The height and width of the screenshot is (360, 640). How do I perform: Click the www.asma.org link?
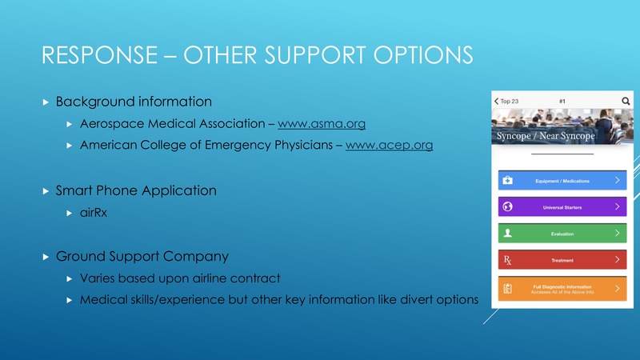coord(322,124)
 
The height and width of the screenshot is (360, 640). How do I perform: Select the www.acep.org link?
coord(389,145)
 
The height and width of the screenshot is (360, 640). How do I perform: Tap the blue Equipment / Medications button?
coord(562,181)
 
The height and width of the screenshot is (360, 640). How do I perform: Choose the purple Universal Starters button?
coord(562,207)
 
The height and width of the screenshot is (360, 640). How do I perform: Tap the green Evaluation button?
coord(562,234)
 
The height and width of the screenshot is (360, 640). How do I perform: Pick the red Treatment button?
coord(562,260)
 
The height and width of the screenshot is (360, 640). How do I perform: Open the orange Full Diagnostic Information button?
coord(562,289)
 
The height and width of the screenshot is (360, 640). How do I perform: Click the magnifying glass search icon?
coord(626,101)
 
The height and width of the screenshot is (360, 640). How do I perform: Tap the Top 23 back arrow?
coord(496,101)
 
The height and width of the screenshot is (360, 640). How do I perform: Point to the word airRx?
coord(94,213)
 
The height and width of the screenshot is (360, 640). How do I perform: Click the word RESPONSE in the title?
coord(99,54)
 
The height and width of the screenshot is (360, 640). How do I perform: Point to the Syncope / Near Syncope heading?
coord(546,136)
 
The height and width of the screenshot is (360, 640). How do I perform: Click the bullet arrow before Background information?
coord(46,102)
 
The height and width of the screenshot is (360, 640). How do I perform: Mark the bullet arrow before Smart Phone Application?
coord(46,191)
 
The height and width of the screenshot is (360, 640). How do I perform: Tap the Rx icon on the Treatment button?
coord(507,260)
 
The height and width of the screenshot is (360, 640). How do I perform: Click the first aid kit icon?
coord(507,180)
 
